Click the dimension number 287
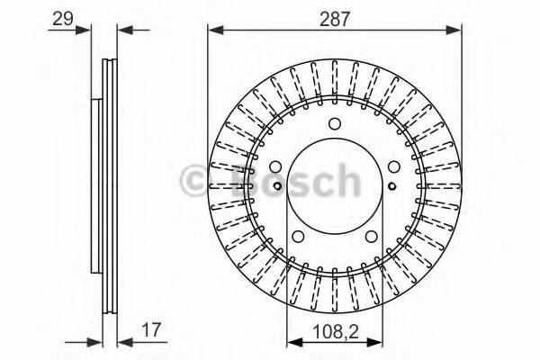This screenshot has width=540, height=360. click(337, 15)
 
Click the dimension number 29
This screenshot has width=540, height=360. click(61, 17)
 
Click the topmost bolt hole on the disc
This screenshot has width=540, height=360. click(335, 124)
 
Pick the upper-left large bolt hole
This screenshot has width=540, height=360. click(276, 166)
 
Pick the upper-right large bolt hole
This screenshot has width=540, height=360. click(393, 166)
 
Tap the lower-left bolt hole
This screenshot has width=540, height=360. click(299, 236)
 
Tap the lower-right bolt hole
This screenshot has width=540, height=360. click(371, 236)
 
